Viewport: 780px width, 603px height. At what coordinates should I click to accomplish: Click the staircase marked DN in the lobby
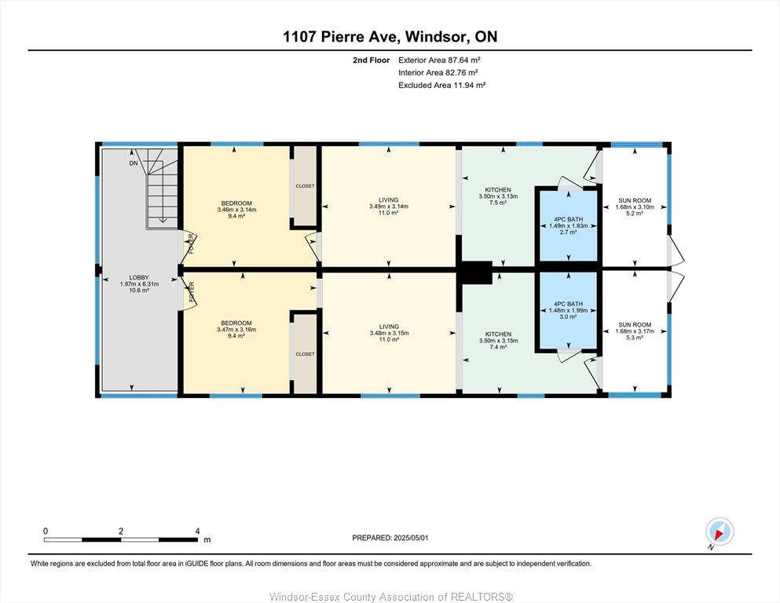(x=162, y=188)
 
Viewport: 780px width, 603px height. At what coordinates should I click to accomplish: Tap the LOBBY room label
(x=139, y=277)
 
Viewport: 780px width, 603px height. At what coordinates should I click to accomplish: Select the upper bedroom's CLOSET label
(x=305, y=186)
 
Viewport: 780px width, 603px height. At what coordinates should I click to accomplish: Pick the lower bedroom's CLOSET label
(x=305, y=354)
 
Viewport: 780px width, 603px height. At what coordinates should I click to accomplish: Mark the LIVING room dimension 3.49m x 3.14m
(x=389, y=206)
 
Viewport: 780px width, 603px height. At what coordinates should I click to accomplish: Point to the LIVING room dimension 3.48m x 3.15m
(x=389, y=333)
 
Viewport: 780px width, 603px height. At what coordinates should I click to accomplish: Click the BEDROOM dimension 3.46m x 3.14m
(x=236, y=210)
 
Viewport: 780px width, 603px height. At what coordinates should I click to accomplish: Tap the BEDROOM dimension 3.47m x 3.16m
(x=236, y=330)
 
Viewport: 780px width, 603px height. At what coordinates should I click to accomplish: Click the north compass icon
(x=720, y=532)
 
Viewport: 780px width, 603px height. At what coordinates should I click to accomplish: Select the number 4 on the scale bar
(x=197, y=531)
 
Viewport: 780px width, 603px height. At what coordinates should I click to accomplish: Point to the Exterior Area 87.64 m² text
(x=439, y=60)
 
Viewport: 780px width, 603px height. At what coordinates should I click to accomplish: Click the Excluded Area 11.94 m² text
(x=441, y=85)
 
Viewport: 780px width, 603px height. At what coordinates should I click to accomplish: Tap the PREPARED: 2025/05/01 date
(x=390, y=538)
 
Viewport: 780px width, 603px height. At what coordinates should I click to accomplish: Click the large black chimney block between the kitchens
(x=475, y=272)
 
